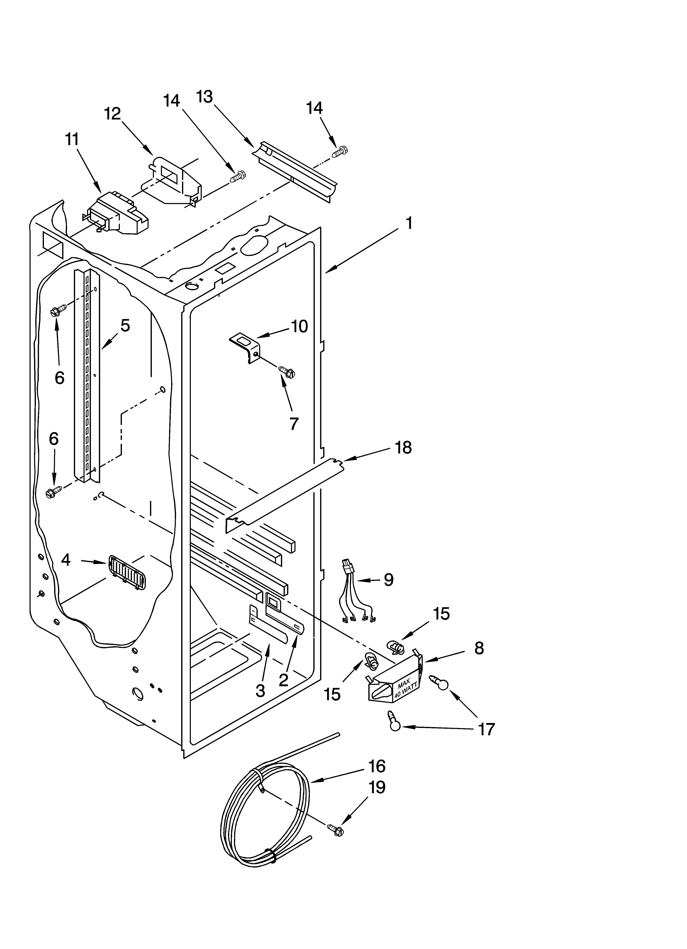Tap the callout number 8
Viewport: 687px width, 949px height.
click(x=479, y=648)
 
